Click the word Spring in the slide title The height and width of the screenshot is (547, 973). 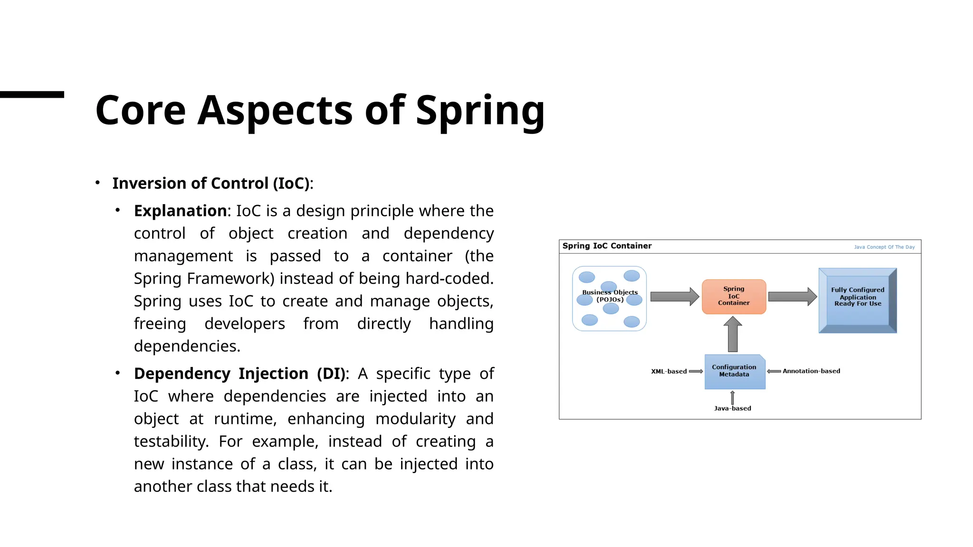[x=480, y=111]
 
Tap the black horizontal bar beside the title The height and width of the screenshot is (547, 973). [x=32, y=94]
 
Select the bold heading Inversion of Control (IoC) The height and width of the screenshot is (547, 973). [x=211, y=183]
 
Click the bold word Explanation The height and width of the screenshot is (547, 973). [x=180, y=211]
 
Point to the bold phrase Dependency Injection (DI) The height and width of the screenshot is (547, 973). [x=239, y=374]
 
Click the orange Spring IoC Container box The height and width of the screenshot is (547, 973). [x=734, y=296]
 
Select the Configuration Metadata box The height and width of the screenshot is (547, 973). [x=734, y=371]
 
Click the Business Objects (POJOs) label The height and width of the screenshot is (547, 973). [x=610, y=296]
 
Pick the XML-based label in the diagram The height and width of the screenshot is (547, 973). [x=668, y=371]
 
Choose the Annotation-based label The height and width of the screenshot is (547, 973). [x=811, y=371]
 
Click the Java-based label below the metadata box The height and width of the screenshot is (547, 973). [x=732, y=408]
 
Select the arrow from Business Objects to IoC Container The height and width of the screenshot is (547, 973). [x=674, y=297]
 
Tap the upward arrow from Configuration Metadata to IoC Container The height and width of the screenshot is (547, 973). [x=733, y=334]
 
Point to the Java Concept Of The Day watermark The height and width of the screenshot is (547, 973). [x=884, y=247]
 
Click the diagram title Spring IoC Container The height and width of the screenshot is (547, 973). [x=607, y=246]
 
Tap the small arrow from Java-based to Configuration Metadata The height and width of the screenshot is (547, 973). [x=732, y=397]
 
